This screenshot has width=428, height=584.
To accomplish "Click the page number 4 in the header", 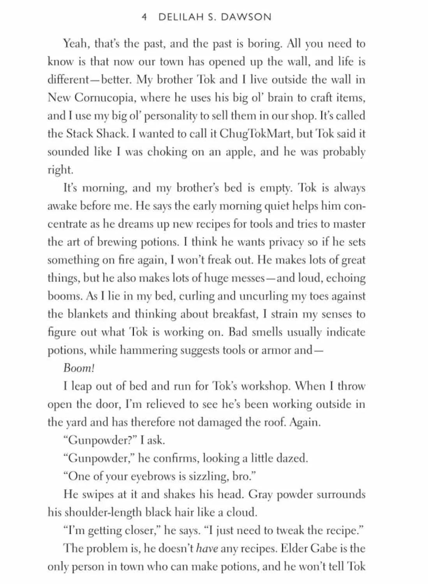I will click(x=144, y=17).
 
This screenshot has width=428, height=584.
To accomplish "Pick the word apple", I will click(x=240, y=151).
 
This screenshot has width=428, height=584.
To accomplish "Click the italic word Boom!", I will click(x=79, y=368).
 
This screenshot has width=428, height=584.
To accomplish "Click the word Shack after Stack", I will click(x=111, y=134).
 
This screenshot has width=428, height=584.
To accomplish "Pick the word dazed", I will click(x=292, y=458).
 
